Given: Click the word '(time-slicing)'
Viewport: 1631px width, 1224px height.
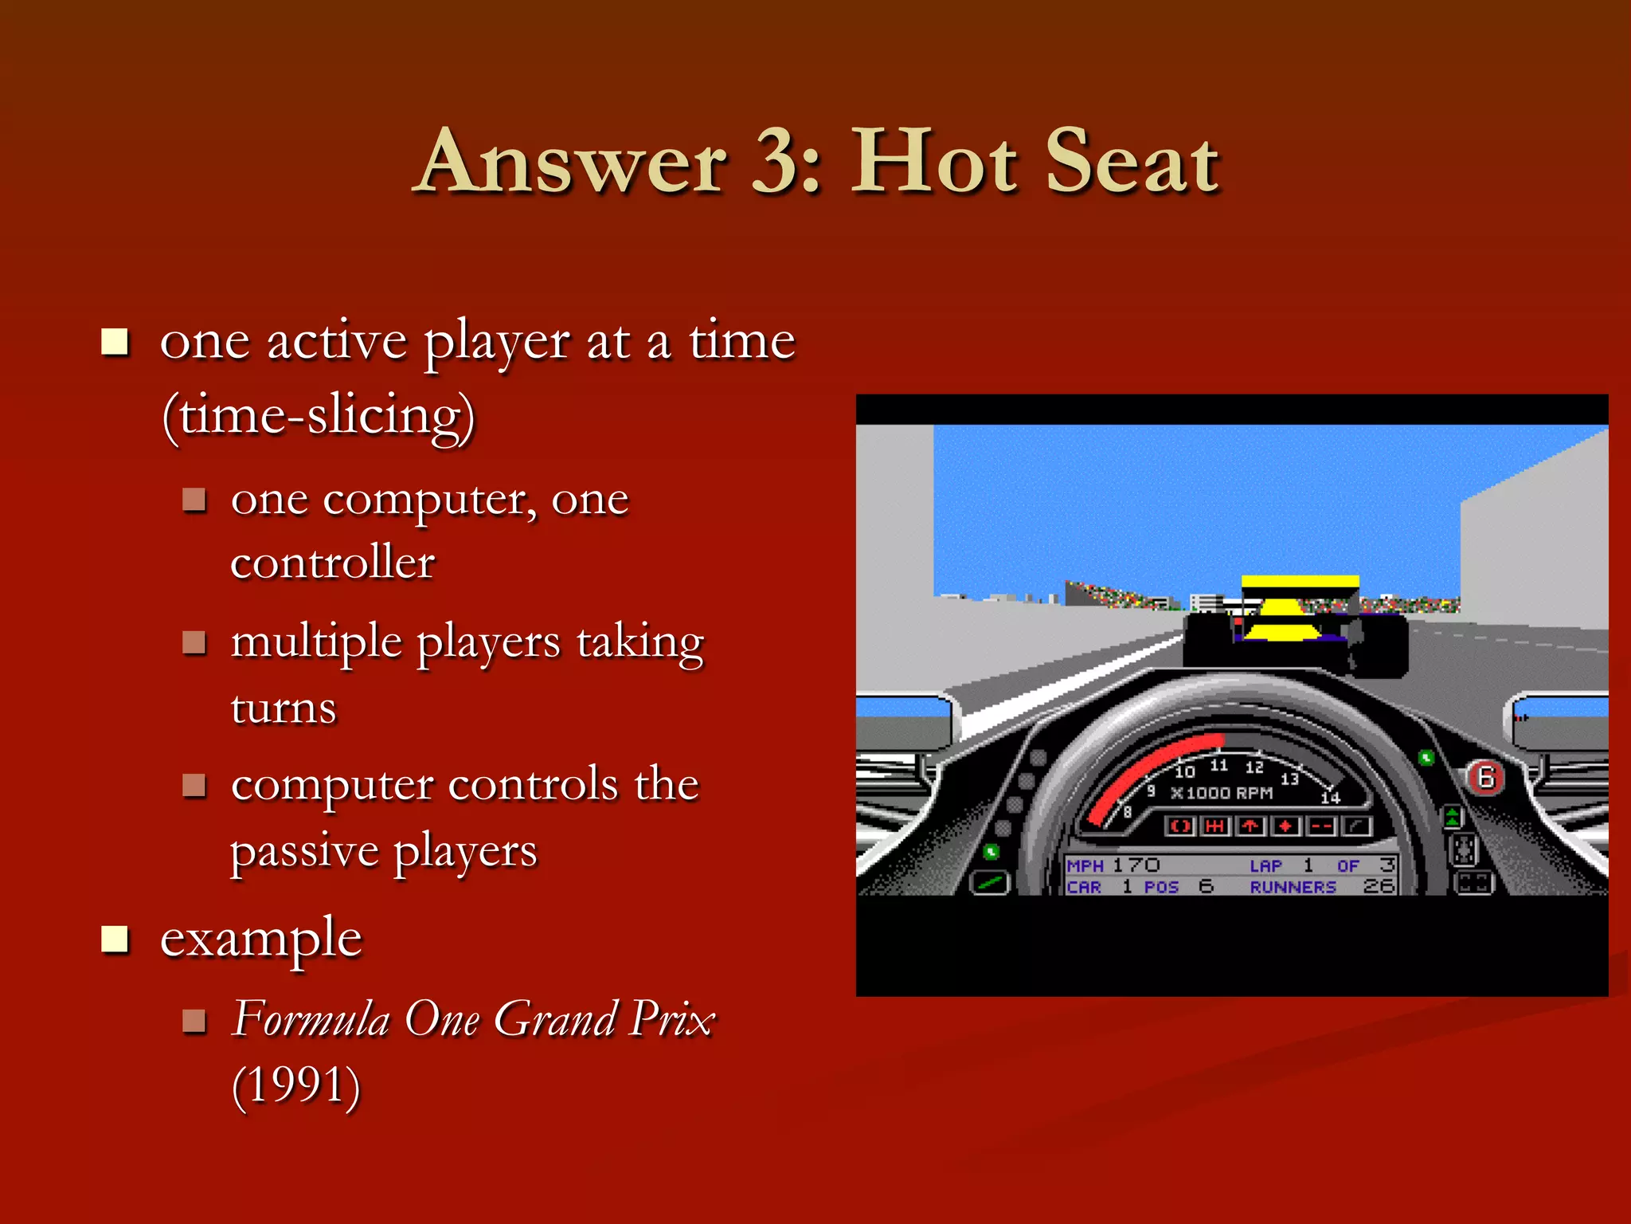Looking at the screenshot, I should tap(319, 416).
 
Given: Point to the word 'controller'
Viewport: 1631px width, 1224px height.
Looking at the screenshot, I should tap(332, 563).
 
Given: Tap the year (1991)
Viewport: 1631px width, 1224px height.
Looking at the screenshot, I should tap(296, 1085).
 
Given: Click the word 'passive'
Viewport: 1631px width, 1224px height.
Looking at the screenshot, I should tap(304, 851).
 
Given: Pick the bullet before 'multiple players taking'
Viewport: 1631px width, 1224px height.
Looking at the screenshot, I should tap(194, 641).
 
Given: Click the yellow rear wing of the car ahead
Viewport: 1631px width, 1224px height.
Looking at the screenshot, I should tap(1300, 583).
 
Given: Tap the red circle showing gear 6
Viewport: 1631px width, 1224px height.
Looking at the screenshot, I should tap(1486, 777).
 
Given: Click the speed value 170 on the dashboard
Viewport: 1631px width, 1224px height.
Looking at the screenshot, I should tap(1136, 865).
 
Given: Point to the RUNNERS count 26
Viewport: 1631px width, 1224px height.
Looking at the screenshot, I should tap(1378, 886).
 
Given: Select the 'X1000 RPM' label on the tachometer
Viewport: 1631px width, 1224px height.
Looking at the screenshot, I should tap(1222, 793).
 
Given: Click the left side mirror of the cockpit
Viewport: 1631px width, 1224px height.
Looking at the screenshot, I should tap(903, 720).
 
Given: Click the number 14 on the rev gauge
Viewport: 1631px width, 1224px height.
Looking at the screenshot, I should tap(1331, 797).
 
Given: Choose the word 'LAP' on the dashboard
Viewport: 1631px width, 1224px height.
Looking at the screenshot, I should tap(1265, 865).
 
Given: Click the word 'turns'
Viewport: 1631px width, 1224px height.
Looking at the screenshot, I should tap(284, 708).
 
